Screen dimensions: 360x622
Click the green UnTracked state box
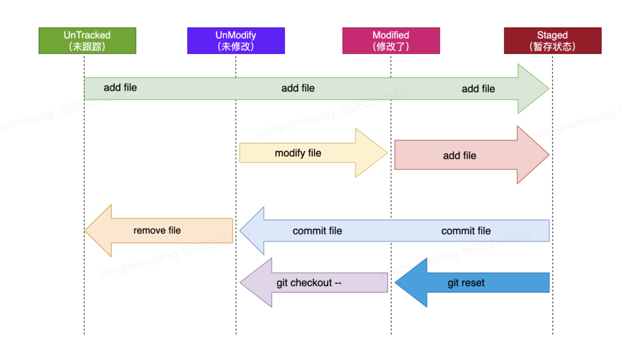click(87, 40)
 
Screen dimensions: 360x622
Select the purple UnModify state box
click(236, 40)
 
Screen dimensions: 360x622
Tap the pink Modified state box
click(390, 40)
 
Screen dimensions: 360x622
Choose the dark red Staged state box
click(552, 40)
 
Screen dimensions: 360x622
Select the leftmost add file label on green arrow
click(120, 88)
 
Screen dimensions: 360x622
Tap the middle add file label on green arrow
click(298, 88)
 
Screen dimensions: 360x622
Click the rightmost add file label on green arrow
click(478, 89)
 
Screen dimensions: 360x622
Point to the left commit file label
click(317, 231)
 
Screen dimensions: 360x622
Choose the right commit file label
click(466, 231)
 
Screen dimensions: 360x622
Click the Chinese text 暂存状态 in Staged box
click(552, 47)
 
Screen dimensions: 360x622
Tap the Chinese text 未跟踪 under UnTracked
click(87, 47)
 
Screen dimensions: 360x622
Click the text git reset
click(466, 283)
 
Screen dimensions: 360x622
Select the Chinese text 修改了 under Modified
click(390, 47)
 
